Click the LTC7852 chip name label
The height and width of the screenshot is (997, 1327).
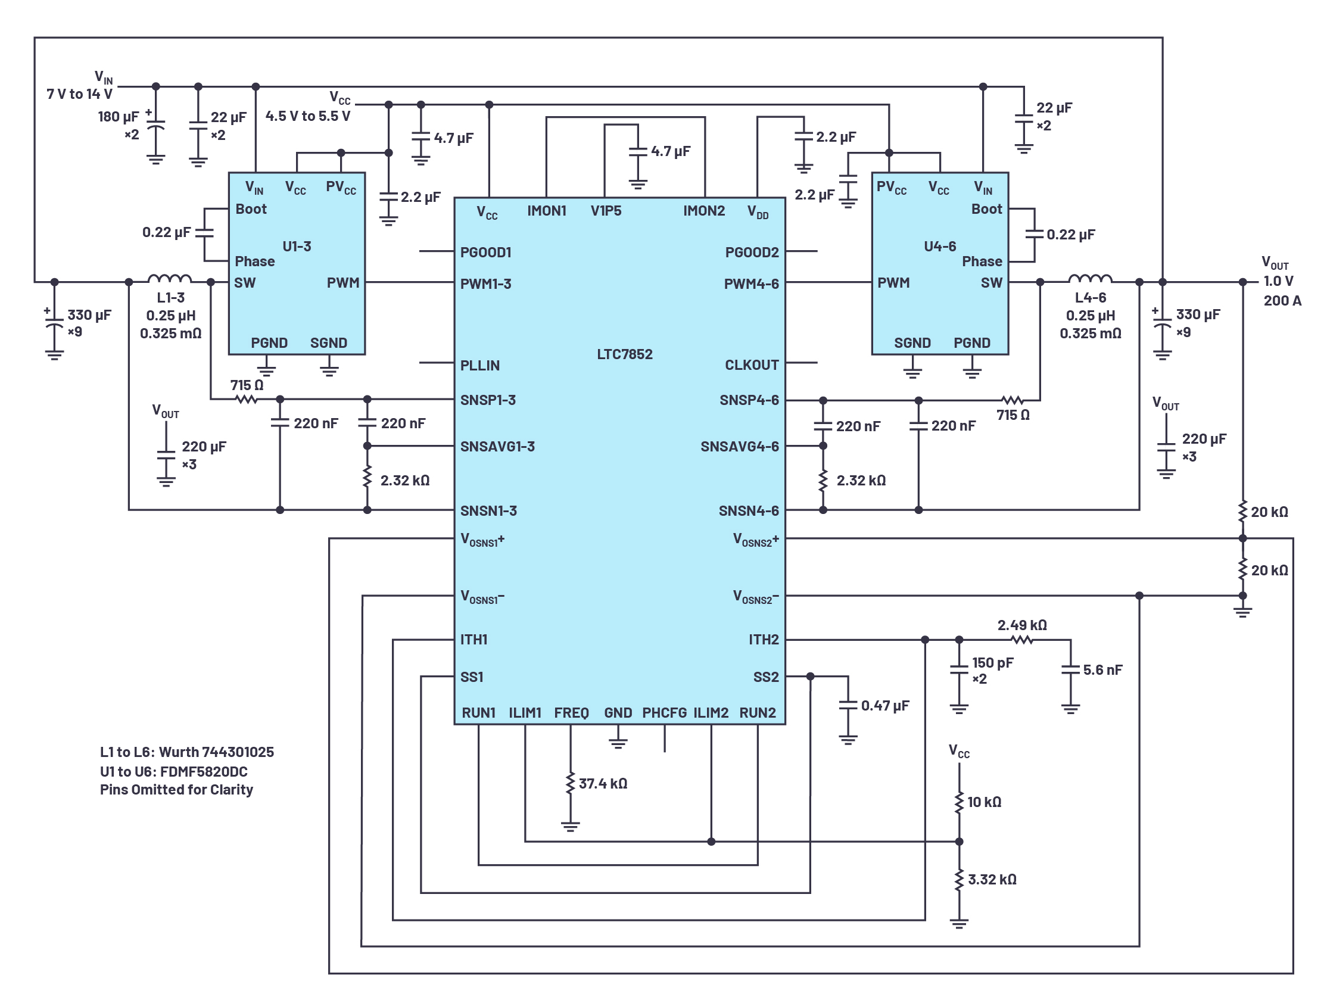(624, 354)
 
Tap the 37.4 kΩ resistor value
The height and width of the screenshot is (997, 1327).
(602, 783)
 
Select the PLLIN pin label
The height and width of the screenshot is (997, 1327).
(479, 365)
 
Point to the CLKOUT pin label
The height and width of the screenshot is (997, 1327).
(751, 364)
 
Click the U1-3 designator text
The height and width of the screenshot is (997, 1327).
(297, 246)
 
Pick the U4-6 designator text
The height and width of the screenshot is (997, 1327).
(939, 246)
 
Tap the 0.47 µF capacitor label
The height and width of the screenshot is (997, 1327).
(884, 705)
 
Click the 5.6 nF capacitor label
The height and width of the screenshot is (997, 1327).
(1102, 669)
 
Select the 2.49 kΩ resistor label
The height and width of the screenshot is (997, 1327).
(1021, 625)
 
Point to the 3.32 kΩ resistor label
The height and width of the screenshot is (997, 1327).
(992, 880)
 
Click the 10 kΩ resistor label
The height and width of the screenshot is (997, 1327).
(984, 802)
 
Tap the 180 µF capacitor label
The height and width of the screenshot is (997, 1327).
(117, 116)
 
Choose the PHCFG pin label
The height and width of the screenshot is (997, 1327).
(664, 713)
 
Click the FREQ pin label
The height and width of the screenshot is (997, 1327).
(571, 713)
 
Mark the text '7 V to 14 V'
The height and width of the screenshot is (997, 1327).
(79, 94)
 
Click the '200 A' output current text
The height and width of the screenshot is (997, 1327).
(1282, 301)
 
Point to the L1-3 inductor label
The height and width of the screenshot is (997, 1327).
(170, 298)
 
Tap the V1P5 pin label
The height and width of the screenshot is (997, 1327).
(605, 211)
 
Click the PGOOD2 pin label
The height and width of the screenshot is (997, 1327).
(751, 252)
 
